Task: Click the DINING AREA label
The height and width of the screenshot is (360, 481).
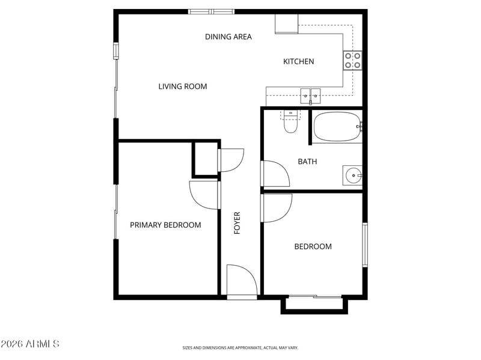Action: pyautogui.click(x=228, y=37)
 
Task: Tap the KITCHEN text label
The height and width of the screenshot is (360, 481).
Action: pyautogui.click(x=298, y=62)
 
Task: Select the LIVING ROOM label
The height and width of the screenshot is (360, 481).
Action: pyautogui.click(x=183, y=87)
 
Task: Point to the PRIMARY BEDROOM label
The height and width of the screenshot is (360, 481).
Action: pyautogui.click(x=165, y=225)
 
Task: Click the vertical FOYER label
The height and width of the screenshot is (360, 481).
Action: pyautogui.click(x=237, y=223)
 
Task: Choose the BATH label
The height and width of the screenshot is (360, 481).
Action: pyautogui.click(x=307, y=162)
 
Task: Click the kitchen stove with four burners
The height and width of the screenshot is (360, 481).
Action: pyautogui.click(x=352, y=61)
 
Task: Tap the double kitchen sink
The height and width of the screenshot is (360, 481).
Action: pyautogui.click(x=310, y=96)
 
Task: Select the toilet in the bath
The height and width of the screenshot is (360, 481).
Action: pyautogui.click(x=290, y=121)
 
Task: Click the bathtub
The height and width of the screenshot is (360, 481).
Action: pyautogui.click(x=337, y=127)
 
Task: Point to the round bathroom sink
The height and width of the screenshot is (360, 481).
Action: pyautogui.click(x=352, y=175)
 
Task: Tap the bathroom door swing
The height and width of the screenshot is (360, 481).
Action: pyautogui.click(x=275, y=174)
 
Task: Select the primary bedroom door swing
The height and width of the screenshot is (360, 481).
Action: pyautogui.click(x=204, y=195)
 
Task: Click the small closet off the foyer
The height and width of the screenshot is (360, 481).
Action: pyautogui.click(x=205, y=159)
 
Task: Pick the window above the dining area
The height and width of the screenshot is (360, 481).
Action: pyautogui.click(x=212, y=12)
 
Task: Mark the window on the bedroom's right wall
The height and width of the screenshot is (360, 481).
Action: pyautogui.click(x=365, y=245)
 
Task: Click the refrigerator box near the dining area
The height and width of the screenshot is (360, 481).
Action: pyautogui.click(x=287, y=23)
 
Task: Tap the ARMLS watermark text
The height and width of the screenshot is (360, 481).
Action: pyautogui.click(x=29, y=344)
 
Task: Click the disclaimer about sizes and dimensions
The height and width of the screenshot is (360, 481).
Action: pyautogui.click(x=240, y=348)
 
